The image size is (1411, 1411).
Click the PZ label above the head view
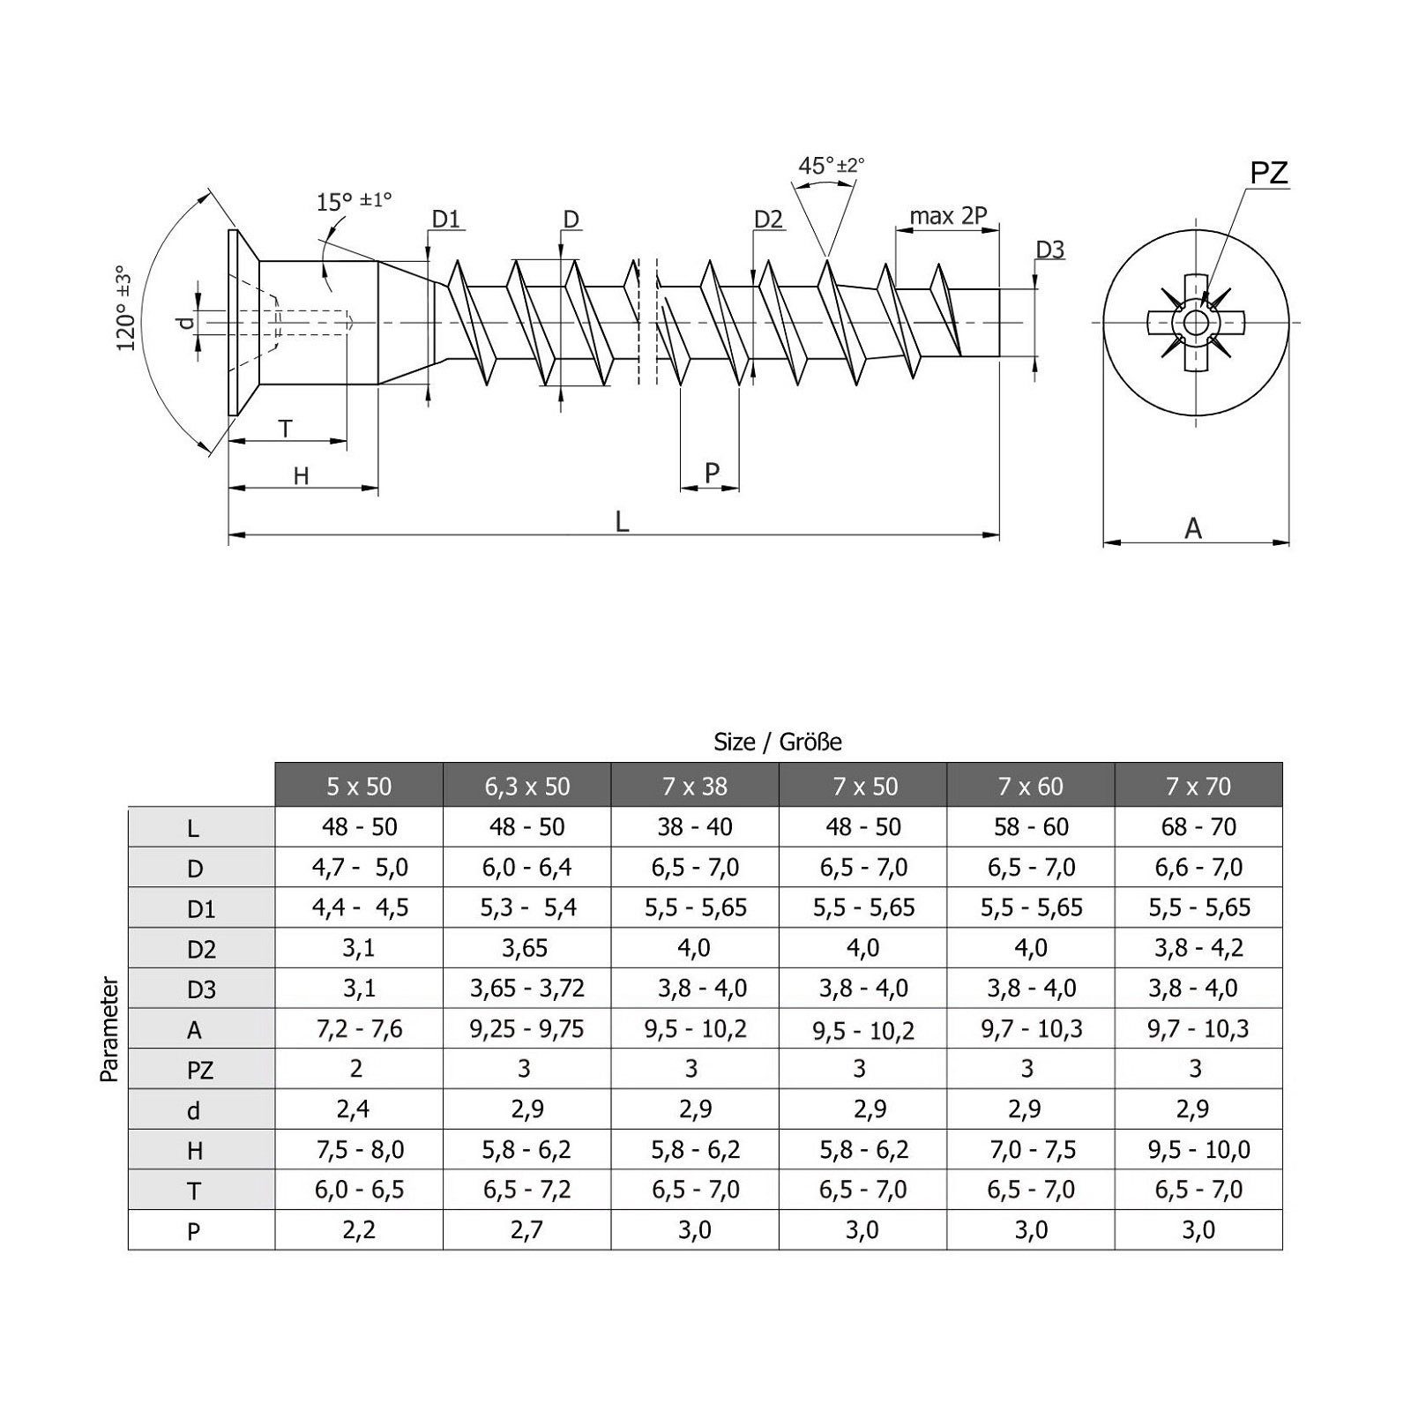[x=1268, y=173]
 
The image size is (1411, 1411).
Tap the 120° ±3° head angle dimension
[x=126, y=307]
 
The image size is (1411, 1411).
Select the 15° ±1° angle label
[x=353, y=201]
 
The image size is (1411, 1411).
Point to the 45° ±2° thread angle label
[x=831, y=166]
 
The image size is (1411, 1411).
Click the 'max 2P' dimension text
[x=948, y=216]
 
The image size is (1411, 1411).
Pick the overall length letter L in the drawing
[x=622, y=522]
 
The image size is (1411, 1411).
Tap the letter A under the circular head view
[x=1193, y=528]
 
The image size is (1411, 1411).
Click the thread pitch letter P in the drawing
[x=712, y=474]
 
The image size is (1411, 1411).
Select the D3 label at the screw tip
[x=1049, y=250]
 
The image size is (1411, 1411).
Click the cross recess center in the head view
[x=1196, y=322]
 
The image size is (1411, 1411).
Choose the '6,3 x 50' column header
[x=526, y=786]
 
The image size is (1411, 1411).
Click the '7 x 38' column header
[x=695, y=786]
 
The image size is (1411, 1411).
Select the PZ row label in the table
[x=200, y=1070]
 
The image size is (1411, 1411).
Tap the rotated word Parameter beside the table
[x=109, y=1028]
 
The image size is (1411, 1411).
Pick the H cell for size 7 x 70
[x=1198, y=1150]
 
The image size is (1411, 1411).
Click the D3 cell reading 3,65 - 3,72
[x=526, y=989]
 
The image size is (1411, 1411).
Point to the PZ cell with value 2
[x=356, y=1069]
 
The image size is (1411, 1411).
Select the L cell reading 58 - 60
[x=1030, y=827]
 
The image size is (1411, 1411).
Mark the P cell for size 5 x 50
[x=358, y=1230]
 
